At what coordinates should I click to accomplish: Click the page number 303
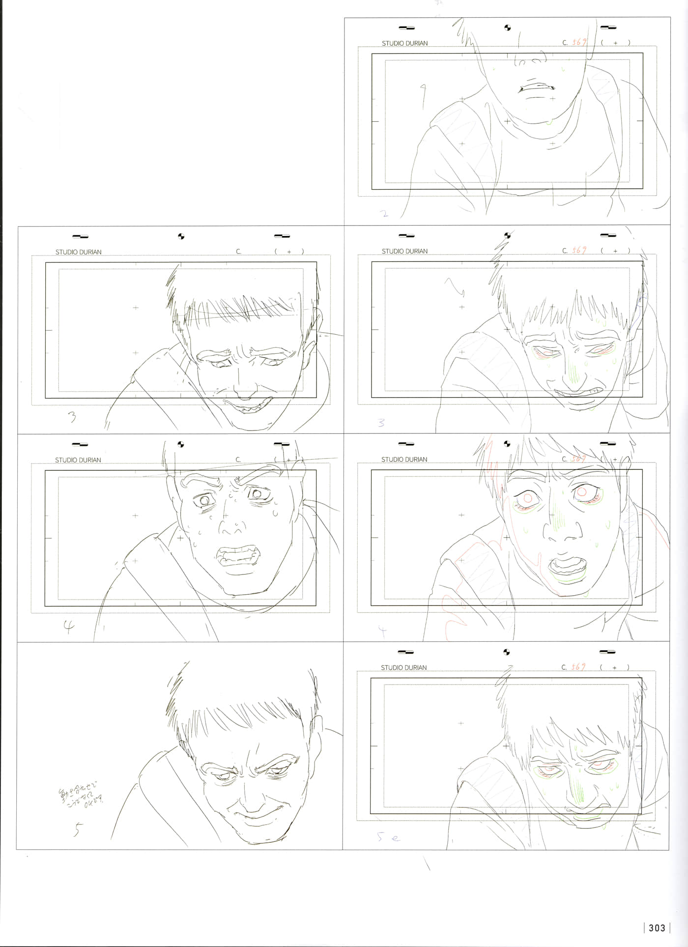657,928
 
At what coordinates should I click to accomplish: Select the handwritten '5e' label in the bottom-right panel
389,837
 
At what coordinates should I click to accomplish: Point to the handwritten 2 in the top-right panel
384,214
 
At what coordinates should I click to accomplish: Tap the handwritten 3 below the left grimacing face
72,417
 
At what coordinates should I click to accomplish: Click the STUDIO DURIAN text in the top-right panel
404,43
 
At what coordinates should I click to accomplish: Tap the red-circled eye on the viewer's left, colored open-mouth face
528,497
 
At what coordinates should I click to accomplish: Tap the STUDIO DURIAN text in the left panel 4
78,460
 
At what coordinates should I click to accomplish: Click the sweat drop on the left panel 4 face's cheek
275,514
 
